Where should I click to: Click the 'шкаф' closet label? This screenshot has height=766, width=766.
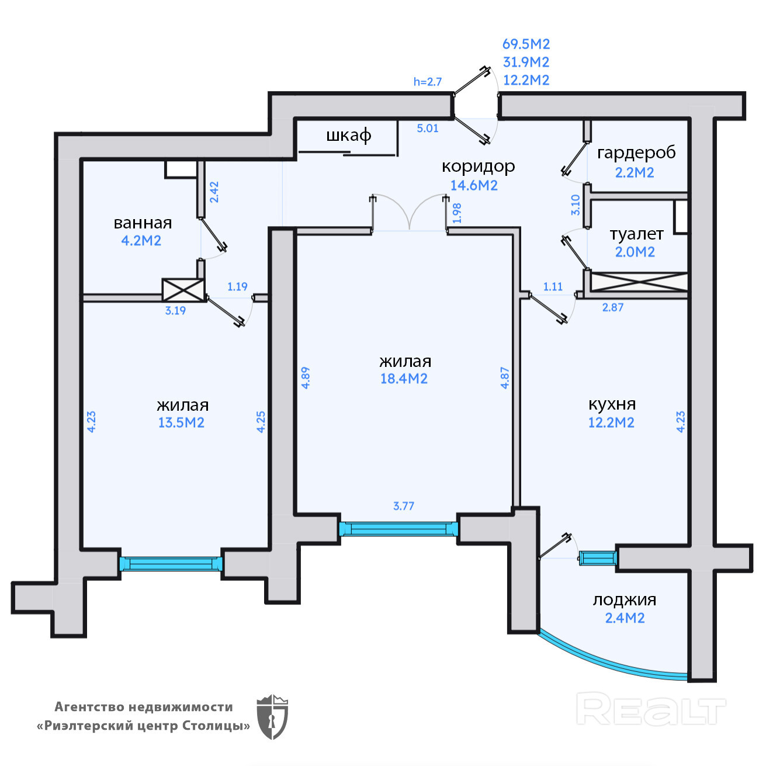348,136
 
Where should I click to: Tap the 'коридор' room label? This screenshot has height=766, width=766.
478,167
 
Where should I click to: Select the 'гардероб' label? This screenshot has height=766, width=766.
636,153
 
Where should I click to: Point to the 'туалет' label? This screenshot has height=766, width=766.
636,234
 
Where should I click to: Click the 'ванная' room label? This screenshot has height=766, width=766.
143,223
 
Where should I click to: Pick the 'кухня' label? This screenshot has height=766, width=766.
612,404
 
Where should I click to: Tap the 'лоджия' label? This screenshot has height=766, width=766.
624,600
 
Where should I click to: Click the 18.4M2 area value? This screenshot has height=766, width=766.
404,379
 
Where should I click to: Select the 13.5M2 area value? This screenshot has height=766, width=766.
181,422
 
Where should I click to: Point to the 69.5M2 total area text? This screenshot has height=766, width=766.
526,44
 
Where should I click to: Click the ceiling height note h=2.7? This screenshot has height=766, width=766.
427,81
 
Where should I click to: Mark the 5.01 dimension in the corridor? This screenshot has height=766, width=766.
427,128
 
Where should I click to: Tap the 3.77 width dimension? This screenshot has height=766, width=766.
404,506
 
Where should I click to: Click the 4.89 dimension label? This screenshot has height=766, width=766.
305,377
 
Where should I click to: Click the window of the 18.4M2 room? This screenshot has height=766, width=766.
399,529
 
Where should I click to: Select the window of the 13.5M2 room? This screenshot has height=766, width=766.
171,564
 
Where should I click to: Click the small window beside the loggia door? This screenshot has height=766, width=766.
598,558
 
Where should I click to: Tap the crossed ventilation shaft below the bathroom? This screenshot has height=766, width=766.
183,290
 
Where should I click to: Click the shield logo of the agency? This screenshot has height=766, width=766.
272,717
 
